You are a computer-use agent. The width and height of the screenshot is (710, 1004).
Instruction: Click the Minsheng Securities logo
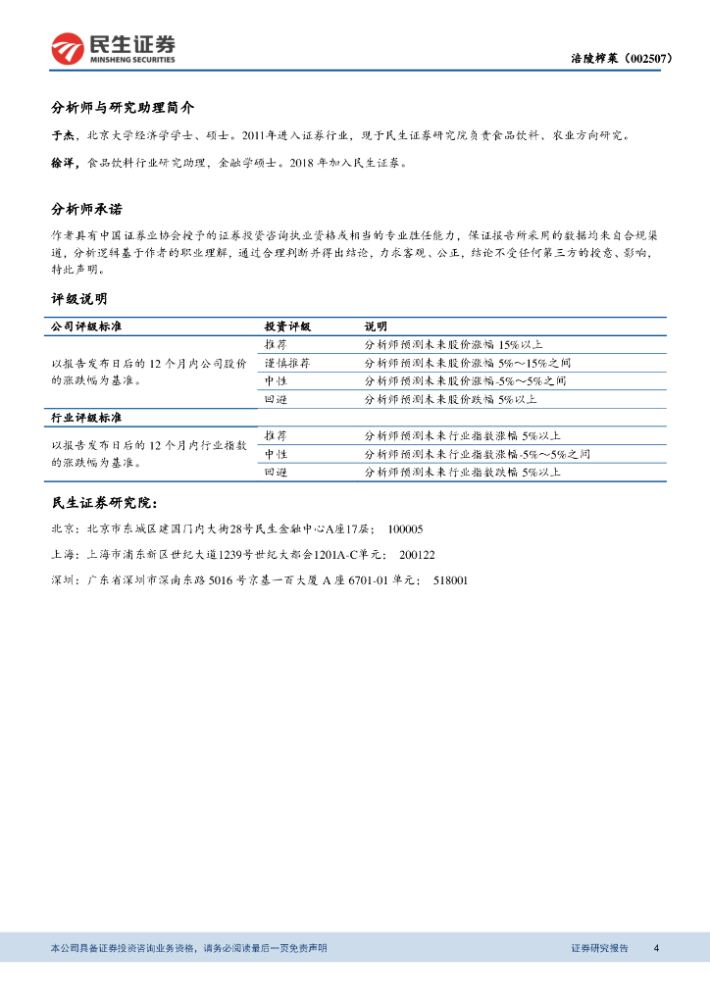(114, 47)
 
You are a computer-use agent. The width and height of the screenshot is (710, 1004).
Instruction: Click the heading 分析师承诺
(86, 209)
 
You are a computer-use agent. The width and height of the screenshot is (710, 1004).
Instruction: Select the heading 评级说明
(78, 298)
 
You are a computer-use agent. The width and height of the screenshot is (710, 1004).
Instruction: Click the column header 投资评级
(287, 326)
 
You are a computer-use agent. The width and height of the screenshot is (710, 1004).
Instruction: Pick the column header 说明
(376, 326)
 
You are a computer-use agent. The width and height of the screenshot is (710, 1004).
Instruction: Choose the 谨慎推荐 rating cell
(287, 363)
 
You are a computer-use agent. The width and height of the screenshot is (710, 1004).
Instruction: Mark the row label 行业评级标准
(86, 418)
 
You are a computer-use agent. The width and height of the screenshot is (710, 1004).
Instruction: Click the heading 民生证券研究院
(103, 503)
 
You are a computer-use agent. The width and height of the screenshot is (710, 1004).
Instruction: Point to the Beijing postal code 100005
(405, 529)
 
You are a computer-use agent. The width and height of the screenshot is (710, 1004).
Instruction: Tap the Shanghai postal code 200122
(417, 555)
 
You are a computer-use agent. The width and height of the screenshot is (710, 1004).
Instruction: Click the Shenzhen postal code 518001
(450, 580)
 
